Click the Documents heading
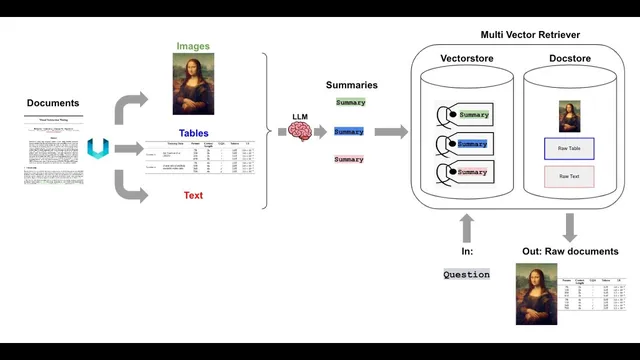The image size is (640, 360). click(53, 103)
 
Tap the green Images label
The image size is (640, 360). click(193, 46)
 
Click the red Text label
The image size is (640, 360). click(193, 195)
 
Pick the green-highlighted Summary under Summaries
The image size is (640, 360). click(350, 102)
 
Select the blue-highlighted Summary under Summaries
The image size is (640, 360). click(349, 131)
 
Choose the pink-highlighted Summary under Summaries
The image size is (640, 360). click(349, 159)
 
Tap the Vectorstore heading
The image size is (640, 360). click(469, 59)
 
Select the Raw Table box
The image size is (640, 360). click(568, 149)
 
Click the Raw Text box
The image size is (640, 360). click(568, 177)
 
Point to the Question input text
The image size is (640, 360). click(467, 274)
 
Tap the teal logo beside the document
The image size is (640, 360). click(97, 149)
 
